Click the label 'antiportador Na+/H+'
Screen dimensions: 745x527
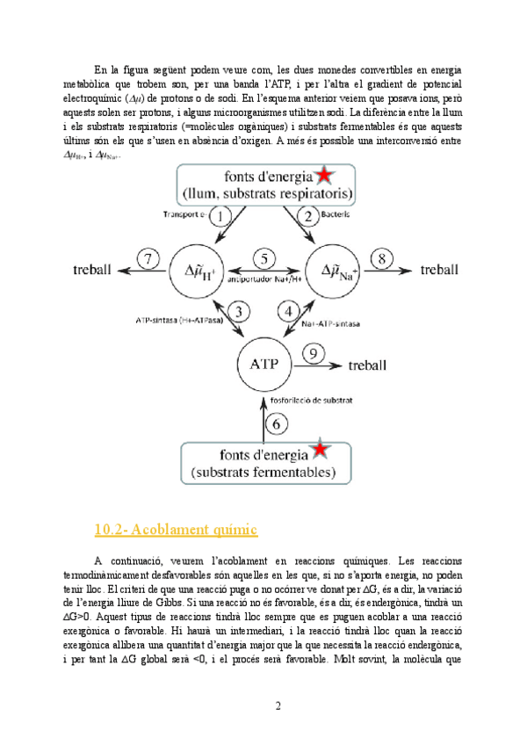click(x=264, y=281)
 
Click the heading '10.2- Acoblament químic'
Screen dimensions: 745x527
click(x=175, y=529)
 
